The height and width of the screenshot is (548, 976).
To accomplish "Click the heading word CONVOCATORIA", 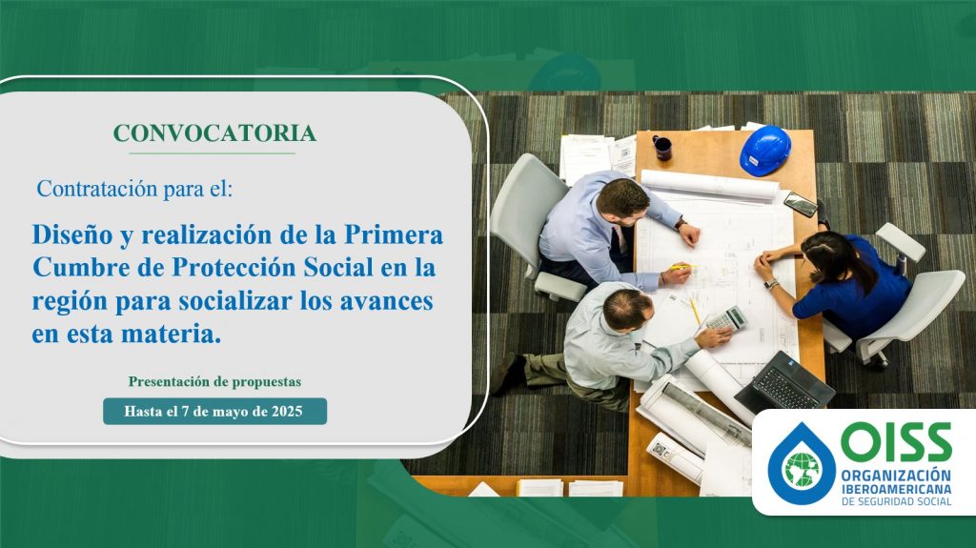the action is pyautogui.click(x=214, y=133).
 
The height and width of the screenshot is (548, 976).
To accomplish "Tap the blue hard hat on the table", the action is pyautogui.click(x=765, y=150).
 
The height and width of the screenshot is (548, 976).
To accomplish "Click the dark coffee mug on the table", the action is pyautogui.click(x=662, y=148).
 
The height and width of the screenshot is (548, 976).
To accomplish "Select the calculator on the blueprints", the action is pyautogui.click(x=726, y=319).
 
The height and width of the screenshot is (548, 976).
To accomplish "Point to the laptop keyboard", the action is pyautogui.click(x=784, y=387).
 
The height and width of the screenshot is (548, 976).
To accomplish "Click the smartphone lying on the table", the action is pyautogui.click(x=801, y=204).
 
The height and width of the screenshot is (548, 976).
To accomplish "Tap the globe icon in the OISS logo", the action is pyautogui.click(x=803, y=469).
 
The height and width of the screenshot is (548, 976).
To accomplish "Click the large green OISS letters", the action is pyautogui.click(x=896, y=441).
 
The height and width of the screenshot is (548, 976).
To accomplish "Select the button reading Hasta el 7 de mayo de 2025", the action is pyautogui.click(x=214, y=411).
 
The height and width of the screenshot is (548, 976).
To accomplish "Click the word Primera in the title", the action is pyautogui.click(x=394, y=234).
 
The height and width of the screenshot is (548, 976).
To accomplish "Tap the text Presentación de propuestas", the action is pyautogui.click(x=214, y=381).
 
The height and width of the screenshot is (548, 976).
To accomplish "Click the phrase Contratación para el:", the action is pyautogui.click(x=134, y=188).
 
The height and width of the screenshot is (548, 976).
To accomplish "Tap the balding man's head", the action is pyautogui.click(x=627, y=310).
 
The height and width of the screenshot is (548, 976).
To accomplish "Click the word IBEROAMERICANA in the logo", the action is pyautogui.click(x=896, y=489).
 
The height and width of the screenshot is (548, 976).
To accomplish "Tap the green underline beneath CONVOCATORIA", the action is pyautogui.click(x=213, y=153).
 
